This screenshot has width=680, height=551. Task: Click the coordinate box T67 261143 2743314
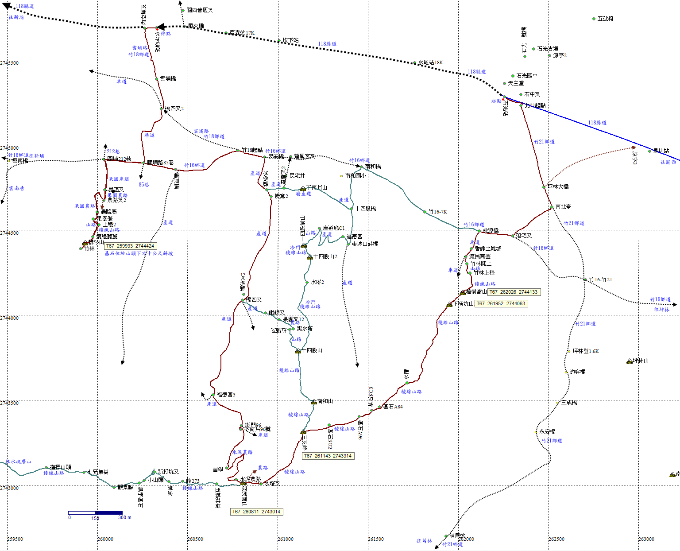328,456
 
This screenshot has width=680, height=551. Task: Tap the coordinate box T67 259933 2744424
130,246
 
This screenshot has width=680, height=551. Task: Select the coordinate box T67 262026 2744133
514,292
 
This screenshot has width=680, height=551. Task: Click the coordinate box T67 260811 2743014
257,512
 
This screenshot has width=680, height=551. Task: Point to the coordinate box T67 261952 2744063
501,303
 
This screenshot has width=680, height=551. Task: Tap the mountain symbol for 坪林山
630,361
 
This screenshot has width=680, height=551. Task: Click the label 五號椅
605,19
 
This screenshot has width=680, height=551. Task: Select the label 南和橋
373,167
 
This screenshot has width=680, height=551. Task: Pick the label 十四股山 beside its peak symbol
312,350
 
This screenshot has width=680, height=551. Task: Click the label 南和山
325,401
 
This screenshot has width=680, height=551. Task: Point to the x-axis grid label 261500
376,539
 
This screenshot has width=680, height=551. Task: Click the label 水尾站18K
430,62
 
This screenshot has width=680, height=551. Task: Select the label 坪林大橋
558,187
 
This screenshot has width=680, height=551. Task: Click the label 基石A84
393,407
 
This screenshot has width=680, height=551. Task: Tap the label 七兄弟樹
98,472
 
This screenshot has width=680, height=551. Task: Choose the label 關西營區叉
200,10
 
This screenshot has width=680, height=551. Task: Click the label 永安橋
547,432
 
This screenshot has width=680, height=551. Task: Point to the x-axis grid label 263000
646,539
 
